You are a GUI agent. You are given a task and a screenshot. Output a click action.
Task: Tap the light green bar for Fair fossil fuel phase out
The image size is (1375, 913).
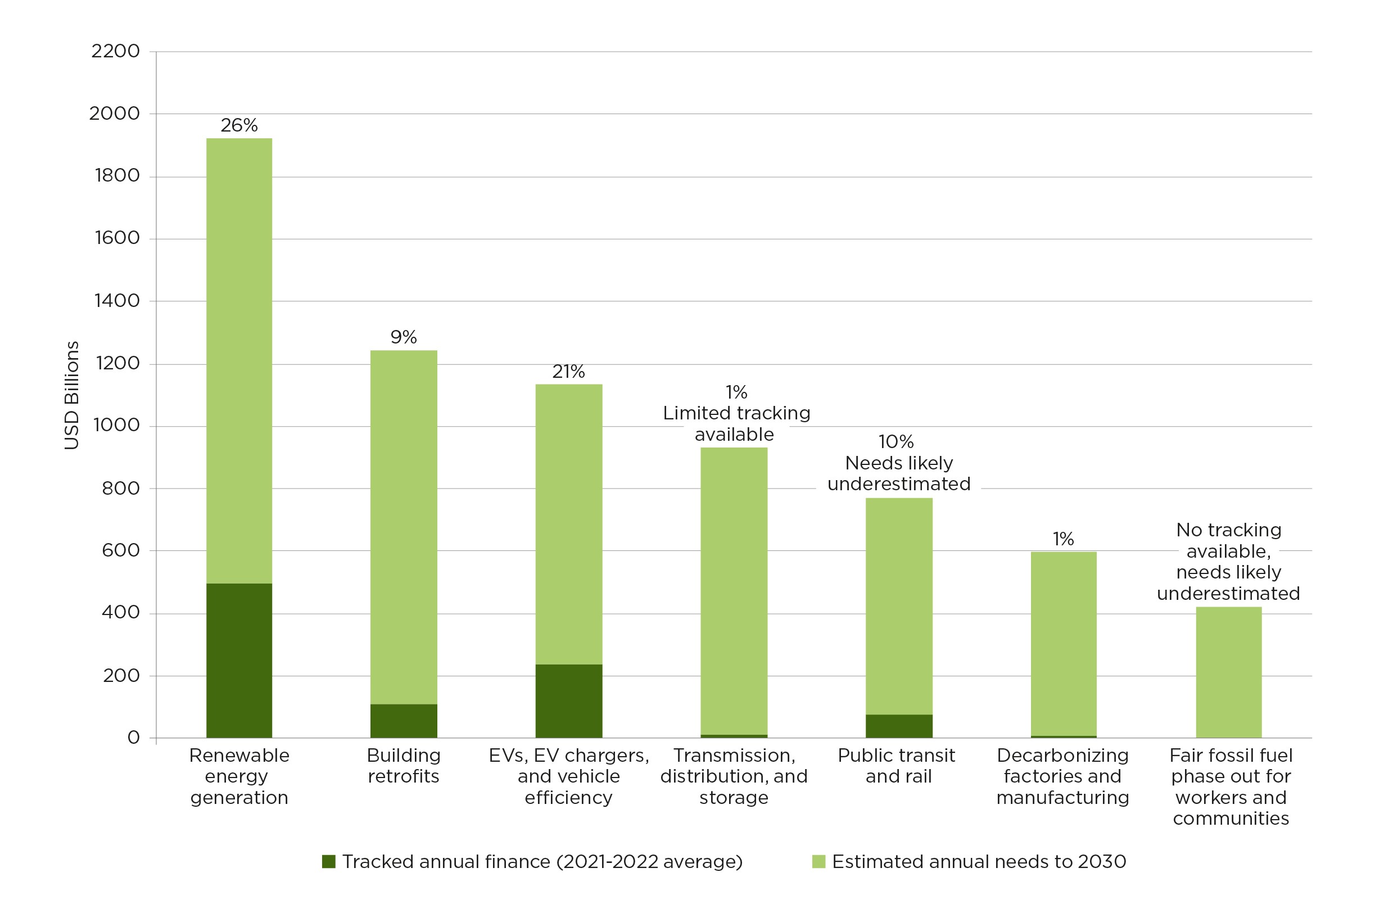(x=1228, y=672)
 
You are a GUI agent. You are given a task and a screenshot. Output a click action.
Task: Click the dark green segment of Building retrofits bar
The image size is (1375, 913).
(x=404, y=721)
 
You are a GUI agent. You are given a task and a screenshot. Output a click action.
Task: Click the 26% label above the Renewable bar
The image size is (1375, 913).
(x=239, y=125)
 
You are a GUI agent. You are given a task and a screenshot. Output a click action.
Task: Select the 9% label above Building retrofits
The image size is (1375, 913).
(x=404, y=337)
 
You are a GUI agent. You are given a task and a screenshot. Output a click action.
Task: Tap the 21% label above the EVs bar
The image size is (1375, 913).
(x=568, y=372)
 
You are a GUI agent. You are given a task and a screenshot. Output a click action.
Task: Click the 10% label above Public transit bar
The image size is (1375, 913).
(x=896, y=441)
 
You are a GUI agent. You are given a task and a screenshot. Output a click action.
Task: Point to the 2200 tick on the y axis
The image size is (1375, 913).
(x=115, y=51)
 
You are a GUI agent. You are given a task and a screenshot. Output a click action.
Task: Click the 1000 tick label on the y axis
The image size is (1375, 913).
(x=116, y=425)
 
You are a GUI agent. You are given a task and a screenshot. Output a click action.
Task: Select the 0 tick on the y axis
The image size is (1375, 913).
(x=133, y=738)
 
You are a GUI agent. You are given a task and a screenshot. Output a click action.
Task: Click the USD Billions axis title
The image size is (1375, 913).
(x=71, y=395)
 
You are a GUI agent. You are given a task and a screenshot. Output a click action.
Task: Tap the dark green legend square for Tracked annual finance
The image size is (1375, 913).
(x=328, y=862)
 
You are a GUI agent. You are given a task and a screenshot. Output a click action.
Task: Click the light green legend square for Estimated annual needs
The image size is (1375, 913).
(x=818, y=862)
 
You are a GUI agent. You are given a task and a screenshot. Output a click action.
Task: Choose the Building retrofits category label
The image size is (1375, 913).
(x=404, y=766)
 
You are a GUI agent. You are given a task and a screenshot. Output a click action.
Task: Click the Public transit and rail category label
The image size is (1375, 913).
(x=897, y=766)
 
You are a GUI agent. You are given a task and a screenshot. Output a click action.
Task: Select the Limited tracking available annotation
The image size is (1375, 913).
(x=736, y=423)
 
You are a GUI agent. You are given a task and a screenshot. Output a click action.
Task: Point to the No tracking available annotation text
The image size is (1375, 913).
(x=1228, y=561)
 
